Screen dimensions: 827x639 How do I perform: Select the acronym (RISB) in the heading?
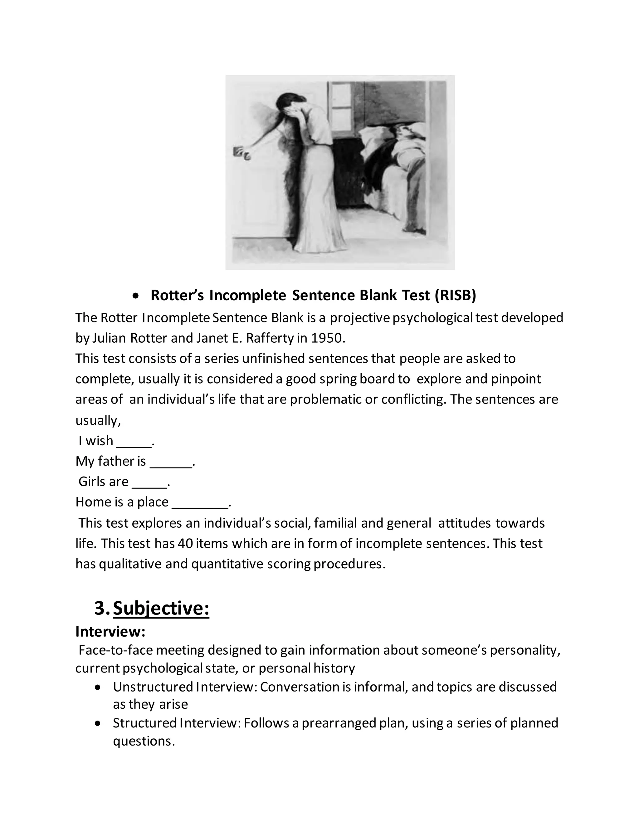click(456, 295)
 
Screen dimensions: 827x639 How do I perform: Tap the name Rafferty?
click(270, 338)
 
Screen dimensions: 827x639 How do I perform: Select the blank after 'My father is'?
click(171, 462)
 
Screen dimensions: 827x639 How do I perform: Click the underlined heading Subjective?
click(161, 608)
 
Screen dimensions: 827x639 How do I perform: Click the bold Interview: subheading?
click(110, 631)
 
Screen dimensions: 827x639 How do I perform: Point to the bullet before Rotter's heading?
click(136, 295)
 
